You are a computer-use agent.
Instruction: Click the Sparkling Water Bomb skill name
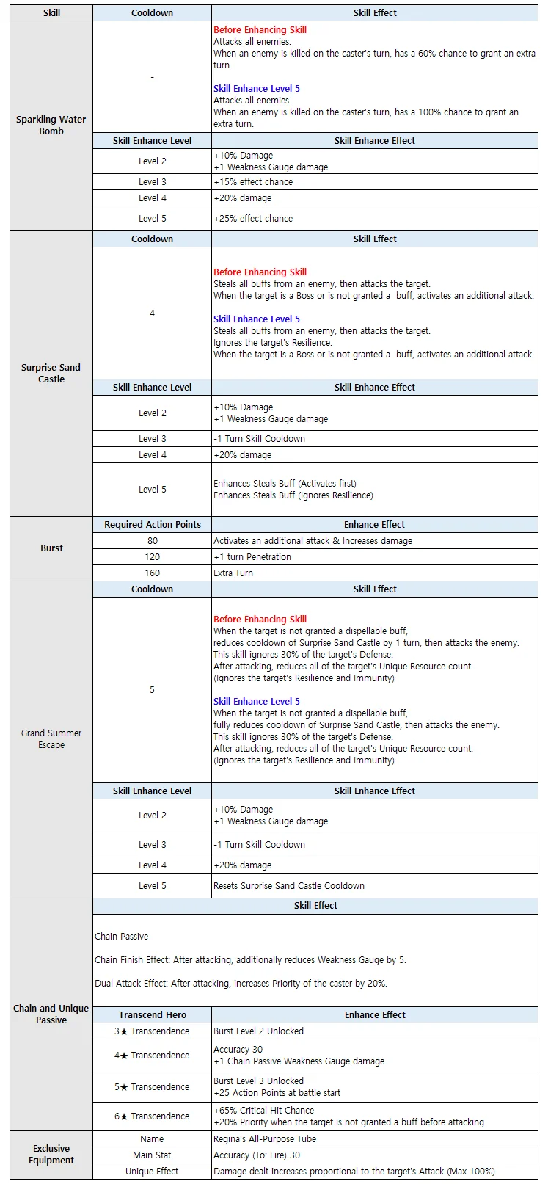pyautogui.click(x=51, y=126)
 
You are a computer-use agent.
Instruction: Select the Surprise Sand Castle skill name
pyautogui.click(x=51, y=374)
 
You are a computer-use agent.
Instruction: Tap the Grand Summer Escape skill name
pyautogui.click(x=51, y=739)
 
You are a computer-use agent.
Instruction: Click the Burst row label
pyautogui.click(x=51, y=548)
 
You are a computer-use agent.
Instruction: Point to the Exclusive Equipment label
pyautogui.click(x=51, y=1155)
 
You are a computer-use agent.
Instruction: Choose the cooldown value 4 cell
pyautogui.click(x=152, y=313)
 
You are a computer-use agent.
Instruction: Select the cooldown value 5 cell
pyautogui.click(x=152, y=690)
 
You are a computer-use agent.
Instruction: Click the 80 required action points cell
pyautogui.click(x=152, y=541)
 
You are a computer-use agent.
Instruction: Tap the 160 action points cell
pyautogui.click(x=152, y=573)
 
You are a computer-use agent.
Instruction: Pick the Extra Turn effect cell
pyautogui.click(x=233, y=573)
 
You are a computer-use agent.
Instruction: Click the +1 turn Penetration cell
pyautogui.click(x=252, y=557)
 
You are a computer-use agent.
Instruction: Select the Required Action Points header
pyautogui.click(x=152, y=525)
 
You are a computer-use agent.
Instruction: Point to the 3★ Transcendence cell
pyautogui.click(x=152, y=1031)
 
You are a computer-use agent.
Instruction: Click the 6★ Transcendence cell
pyautogui.click(x=152, y=1116)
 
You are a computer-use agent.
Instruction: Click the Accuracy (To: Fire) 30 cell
pyautogui.click(x=257, y=1155)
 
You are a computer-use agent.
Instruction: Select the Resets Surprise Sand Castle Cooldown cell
pyautogui.click(x=289, y=886)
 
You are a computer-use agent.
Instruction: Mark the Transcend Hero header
pyautogui.click(x=152, y=1015)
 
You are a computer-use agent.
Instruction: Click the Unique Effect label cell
pyautogui.click(x=152, y=1172)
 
